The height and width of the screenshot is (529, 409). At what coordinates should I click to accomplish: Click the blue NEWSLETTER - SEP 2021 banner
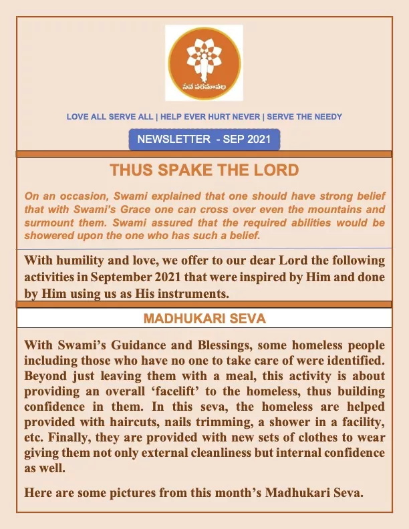(204, 140)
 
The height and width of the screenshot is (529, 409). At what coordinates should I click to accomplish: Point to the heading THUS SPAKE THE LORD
(204, 170)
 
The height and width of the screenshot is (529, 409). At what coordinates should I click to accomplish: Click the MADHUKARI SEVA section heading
(204, 319)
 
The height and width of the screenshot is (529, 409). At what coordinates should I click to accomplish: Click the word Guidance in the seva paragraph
(135, 345)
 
